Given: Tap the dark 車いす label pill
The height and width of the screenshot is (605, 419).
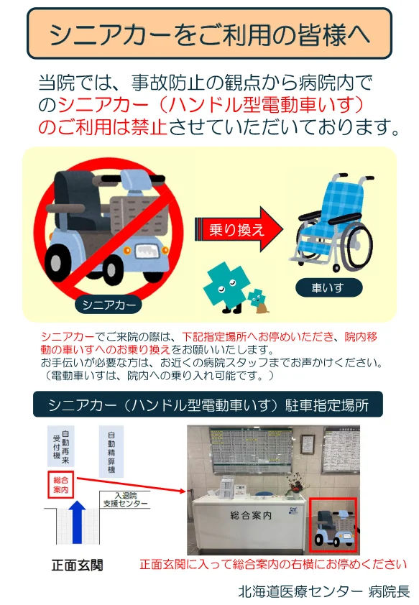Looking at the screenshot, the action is coord(328,287).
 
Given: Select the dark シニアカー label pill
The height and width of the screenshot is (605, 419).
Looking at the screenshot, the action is coord(109,305).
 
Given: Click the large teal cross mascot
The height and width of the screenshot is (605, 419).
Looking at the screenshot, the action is coord(226,286).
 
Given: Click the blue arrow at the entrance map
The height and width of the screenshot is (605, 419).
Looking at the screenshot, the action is coord(78,521).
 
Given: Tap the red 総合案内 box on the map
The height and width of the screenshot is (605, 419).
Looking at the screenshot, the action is coord(60,484).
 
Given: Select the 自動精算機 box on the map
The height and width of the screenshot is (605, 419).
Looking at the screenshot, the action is coord(111,451).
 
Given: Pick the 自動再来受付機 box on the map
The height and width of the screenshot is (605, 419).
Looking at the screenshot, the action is coord(61,446).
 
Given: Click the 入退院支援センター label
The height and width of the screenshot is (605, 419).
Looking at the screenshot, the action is coord(125,499).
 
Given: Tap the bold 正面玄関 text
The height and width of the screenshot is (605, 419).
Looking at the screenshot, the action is coord(78,565).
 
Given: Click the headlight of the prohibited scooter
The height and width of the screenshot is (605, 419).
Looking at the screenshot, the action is coord(147,251).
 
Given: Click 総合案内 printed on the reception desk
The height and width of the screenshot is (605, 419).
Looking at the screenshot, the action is coord(251,515).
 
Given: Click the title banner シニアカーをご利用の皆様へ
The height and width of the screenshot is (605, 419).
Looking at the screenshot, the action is coord(210,34).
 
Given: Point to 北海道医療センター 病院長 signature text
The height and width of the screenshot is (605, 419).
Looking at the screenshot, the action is coord(323,591).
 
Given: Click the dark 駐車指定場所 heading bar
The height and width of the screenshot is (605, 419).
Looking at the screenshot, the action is coord(208,405).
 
